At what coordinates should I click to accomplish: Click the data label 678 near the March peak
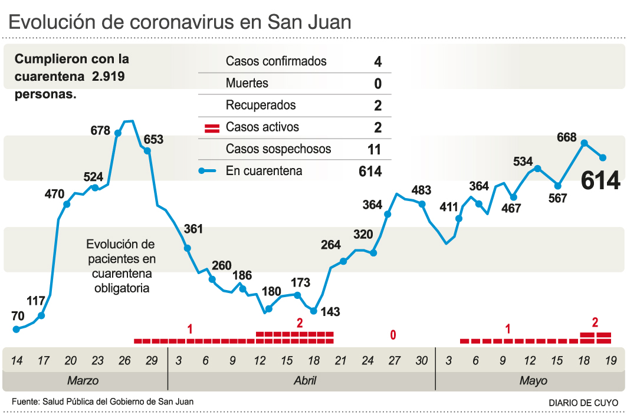pyautogui.click(x=100, y=130)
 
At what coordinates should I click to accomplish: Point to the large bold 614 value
pyautogui.click(x=600, y=181)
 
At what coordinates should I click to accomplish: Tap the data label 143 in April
pyautogui.click(x=330, y=312)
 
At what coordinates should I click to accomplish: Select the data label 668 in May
pyautogui.click(x=566, y=137)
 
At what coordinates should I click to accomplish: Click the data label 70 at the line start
pyautogui.click(x=18, y=315)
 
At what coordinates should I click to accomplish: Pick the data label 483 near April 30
pyautogui.click(x=421, y=190)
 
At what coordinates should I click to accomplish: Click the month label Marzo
pyautogui.click(x=83, y=381)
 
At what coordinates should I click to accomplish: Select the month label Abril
pyautogui.click(x=305, y=381)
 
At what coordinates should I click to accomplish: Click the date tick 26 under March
pyautogui.click(x=124, y=360)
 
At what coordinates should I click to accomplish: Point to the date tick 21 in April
pyautogui.click(x=341, y=360)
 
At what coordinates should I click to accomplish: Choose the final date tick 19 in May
pyautogui.click(x=610, y=360)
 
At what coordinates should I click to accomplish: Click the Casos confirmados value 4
pyautogui.click(x=377, y=61)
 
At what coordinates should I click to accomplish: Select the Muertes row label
pyautogui.click(x=247, y=83)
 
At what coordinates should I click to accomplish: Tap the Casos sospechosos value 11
pyautogui.click(x=374, y=149)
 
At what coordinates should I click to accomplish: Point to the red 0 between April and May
pyautogui.click(x=393, y=335)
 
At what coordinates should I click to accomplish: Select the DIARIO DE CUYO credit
pyautogui.click(x=583, y=402)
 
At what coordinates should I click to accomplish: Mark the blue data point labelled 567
pyautogui.click(x=558, y=185)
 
